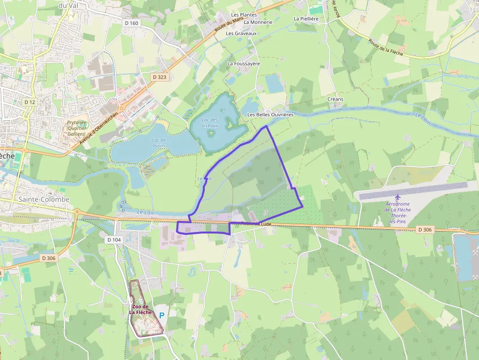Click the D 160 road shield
pos(131,23)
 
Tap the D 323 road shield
pos(159,77)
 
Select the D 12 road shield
pos(29,102)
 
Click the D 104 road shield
pos(113,240)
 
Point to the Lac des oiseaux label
pos(210,123)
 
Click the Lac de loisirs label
pos(156,143)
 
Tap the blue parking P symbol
pos(162,316)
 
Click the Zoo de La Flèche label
pos(141,309)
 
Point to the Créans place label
pos(335,99)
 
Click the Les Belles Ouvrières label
pos(270,114)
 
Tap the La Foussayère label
pos(243,64)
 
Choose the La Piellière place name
pos(306,19)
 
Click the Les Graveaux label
pos(241,33)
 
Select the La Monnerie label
pos(258,22)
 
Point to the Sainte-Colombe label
pos(44,199)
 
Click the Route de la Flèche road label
pos(386,47)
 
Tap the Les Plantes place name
pos(244,15)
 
